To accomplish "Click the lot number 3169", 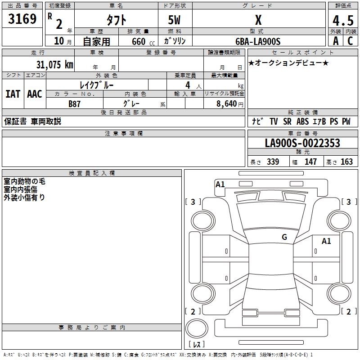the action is [x=22, y=20].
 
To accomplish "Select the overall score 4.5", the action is [x=342, y=21].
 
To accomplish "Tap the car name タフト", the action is [x=116, y=20].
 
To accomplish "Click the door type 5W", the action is [x=175, y=20].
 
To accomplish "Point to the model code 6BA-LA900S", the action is [x=258, y=41].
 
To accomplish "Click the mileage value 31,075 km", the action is [x=54, y=65].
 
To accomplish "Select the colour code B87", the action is [x=74, y=103].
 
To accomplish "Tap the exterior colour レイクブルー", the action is [x=97, y=85].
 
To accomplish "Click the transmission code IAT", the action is [x=13, y=94].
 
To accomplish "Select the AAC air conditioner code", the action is [x=34, y=94].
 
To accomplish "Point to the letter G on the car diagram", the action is [x=284, y=237].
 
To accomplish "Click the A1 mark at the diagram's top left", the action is [x=220, y=184].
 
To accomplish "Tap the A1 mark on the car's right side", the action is [x=326, y=241].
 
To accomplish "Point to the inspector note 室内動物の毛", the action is [x=25, y=182].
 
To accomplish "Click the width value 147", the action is [x=310, y=162].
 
